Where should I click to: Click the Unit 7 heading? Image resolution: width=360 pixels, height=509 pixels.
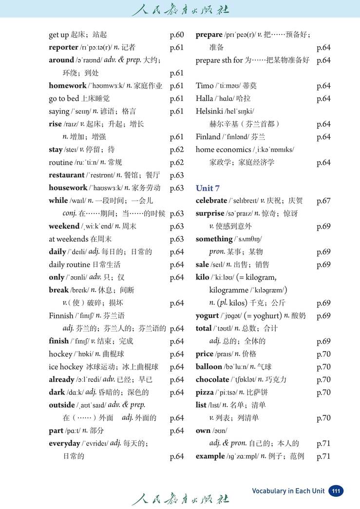[208, 188]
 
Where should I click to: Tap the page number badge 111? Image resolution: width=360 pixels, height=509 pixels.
[335, 490]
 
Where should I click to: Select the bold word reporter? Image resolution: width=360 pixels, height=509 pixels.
[63, 47]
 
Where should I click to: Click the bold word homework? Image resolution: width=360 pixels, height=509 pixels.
[67, 86]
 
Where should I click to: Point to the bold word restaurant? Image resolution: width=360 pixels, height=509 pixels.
[66, 175]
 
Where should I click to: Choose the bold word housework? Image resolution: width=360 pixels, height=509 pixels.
[67, 188]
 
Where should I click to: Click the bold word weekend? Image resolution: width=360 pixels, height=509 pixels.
[64, 226]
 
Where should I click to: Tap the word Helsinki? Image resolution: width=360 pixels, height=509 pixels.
[209, 111]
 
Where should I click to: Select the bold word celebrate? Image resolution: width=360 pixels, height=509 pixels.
[211, 200]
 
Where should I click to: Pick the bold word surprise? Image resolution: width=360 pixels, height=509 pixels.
[210, 214]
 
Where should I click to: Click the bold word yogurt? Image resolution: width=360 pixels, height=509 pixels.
[207, 315]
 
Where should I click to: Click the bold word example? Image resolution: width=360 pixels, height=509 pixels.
[210, 456]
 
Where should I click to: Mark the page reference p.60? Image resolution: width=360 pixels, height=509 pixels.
[176, 35]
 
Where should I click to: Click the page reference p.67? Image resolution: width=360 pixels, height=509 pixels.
[323, 200]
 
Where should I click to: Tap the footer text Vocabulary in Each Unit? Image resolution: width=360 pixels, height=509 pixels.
[288, 491]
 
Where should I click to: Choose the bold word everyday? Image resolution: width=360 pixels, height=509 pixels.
[64, 443]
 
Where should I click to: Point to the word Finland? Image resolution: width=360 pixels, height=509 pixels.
[208, 137]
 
